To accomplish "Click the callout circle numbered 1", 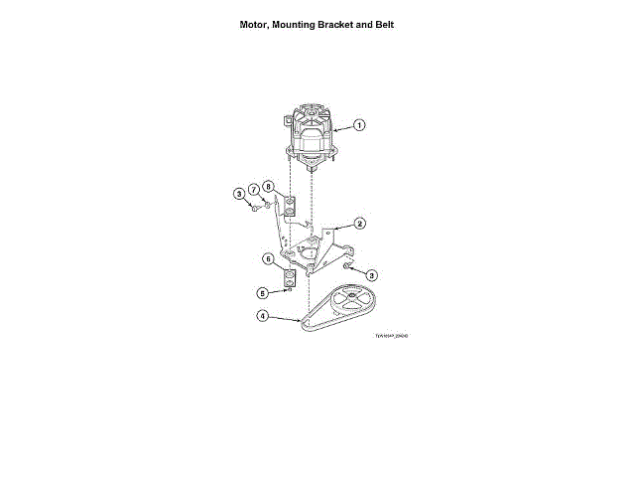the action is click(359, 125).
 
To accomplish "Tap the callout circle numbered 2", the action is click(360, 224).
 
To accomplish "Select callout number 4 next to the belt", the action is click(262, 317).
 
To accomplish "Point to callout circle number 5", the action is click(263, 293).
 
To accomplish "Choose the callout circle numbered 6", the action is click(268, 259).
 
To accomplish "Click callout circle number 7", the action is click(254, 187).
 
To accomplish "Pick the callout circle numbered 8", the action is click(268, 187).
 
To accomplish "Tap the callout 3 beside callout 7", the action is click(239, 194).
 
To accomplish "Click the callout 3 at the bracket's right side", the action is click(372, 274).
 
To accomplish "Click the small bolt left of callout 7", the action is click(256, 209).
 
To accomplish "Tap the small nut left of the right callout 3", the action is click(346, 266).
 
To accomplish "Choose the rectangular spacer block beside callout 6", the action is click(289, 281).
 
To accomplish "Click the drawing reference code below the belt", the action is click(391, 336).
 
